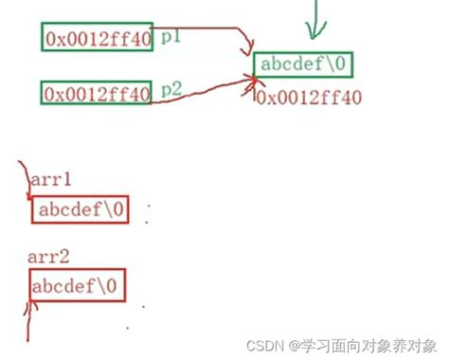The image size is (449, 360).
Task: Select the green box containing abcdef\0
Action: pyautogui.click(x=303, y=64)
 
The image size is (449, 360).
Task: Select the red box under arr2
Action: pyautogui.click(x=77, y=285)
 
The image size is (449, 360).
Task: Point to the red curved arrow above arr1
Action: pyautogui.click(x=23, y=180)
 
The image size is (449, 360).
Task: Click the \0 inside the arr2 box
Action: pyautogui.click(x=109, y=285)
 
